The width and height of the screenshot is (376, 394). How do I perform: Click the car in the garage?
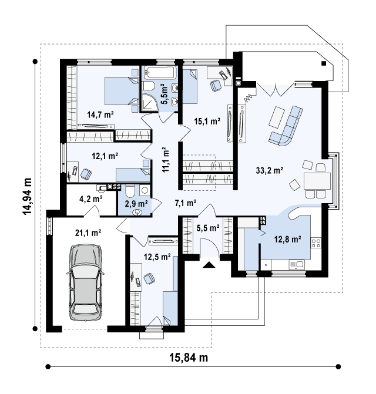coord(85,282)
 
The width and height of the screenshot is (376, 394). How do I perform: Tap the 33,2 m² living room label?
coord(270,170)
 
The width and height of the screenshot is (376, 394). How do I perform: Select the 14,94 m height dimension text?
coord(27,196)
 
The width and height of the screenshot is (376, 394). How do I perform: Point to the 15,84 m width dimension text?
coord(189,357)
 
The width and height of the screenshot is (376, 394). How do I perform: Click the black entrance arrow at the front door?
coord(209,265)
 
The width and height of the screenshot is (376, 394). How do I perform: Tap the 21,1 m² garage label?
coord(88,233)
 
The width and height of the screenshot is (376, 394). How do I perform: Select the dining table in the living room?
coord(317,181)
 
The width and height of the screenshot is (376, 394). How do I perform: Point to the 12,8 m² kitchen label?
coord(287,239)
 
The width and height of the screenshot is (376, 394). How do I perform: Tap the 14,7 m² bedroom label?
coord(100,115)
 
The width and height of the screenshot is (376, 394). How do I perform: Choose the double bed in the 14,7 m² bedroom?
coord(122,90)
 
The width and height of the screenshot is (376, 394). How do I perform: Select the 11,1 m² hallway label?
coord(166,160)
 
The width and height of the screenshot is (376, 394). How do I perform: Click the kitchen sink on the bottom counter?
coord(297,264)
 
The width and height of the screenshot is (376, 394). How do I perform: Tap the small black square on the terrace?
coord(324,63)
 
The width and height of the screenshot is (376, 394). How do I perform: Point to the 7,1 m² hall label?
coord(186,203)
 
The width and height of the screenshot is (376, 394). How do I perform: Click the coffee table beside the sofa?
coord(277,117)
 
